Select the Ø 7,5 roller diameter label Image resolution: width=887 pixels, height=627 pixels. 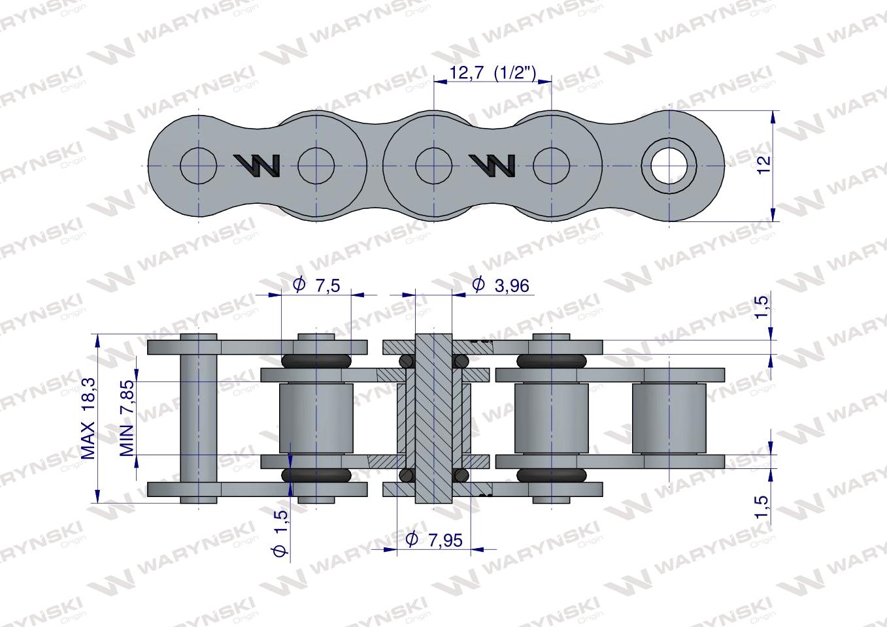pos(318,285)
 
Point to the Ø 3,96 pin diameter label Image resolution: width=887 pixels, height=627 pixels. pos(500,285)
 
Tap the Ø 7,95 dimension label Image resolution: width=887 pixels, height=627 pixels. pos(434,539)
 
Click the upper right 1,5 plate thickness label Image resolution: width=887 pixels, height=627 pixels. pos(762,308)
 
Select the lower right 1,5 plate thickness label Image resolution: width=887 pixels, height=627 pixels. pos(762,506)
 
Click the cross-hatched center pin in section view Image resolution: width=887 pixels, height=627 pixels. pos(433,418)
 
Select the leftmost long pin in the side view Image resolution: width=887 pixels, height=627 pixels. pos(198,418)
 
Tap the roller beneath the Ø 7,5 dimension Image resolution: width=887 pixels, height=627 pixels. pos(316,418)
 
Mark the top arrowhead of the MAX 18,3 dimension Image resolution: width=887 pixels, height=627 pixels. pos(97,339)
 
